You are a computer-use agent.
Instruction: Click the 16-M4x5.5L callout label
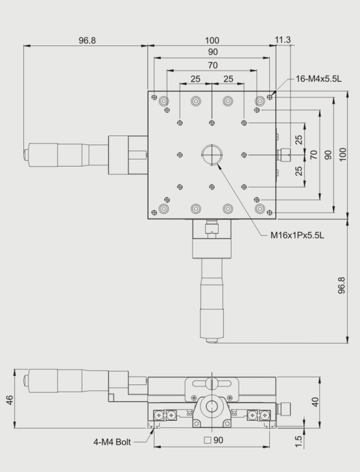pyautogui.click(x=318, y=79)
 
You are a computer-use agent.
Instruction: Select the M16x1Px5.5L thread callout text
pyautogui.click(x=297, y=235)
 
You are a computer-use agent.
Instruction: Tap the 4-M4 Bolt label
pyautogui.click(x=112, y=442)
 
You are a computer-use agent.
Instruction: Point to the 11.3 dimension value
pyautogui.click(x=283, y=40)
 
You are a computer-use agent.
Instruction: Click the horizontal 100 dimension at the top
pyautogui.click(x=212, y=40)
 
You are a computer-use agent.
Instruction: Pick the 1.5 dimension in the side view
pyautogui.click(x=298, y=441)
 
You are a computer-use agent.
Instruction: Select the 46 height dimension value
pyautogui.click(x=10, y=400)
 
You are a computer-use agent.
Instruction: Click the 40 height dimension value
pyautogui.click(x=315, y=402)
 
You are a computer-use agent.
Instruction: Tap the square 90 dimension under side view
pyautogui.click(x=213, y=440)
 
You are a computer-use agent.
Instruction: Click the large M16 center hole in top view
pyautogui.click(x=211, y=155)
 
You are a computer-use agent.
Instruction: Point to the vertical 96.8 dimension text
pyautogui.click(x=342, y=285)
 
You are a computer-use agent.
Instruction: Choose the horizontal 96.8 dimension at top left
pyautogui.click(x=87, y=40)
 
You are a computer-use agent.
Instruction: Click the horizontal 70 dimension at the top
pyautogui.click(x=213, y=65)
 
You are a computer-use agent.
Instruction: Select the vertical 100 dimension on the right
pyautogui.click(x=343, y=154)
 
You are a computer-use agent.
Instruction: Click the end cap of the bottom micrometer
pyautogui.click(x=211, y=340)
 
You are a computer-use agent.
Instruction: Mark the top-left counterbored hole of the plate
pyautogui.click(x=163, y=101)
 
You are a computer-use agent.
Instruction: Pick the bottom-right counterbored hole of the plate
pyautogui.click(x=259, y=209)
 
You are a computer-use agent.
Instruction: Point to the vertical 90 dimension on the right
pyautogui.click(x=328, y=155)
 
